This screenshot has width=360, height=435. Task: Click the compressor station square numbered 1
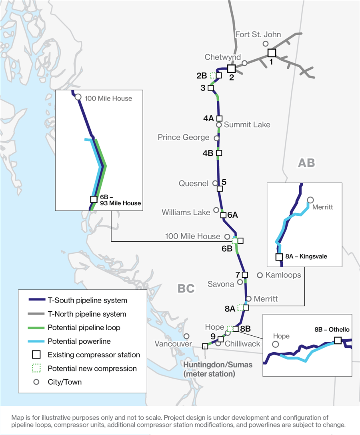coord(272,53)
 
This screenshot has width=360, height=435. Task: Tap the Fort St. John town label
coord(258,35)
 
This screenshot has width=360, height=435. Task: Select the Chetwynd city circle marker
coord(244,63)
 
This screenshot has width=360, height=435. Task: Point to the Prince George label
coord(183,137)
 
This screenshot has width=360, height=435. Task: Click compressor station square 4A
coord(219,118)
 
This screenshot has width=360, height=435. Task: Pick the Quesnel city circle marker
coord(215,183)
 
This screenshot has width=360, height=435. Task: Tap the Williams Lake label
coord(186,212)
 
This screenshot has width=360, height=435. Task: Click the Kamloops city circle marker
coord(260,275)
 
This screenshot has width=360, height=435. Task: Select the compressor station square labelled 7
coord(245,275)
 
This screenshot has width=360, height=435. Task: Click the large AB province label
coord(306,162)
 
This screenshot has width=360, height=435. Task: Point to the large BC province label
coord(186,288)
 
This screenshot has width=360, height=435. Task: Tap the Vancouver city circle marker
coord(186,336)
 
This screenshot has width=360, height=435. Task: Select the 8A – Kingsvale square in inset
coord(279,257)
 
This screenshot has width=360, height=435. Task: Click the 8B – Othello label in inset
coord(332,330)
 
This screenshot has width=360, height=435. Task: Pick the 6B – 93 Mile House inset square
coord(94,199)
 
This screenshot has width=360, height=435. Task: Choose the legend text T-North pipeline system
coord(86,314)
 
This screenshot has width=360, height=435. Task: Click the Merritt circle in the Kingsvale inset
coord(310,200)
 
